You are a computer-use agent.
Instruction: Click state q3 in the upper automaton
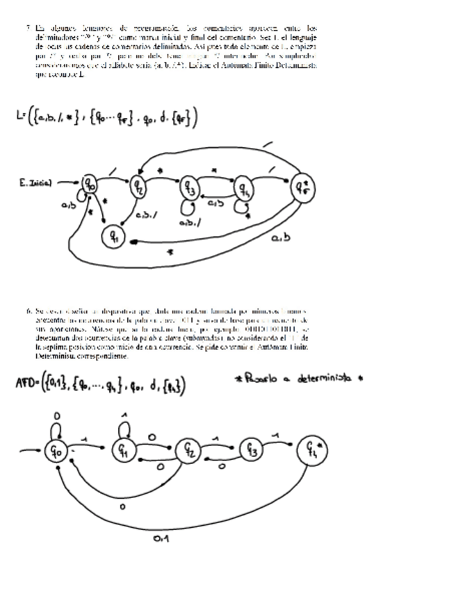pyautogui.click(x=189, y=188)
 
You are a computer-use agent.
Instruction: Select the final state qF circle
pyautogui.click(x=302, y=187)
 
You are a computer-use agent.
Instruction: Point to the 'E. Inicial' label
pyautogui.click(x=35, y=183)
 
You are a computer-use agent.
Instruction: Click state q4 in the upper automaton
pyautogui.click(x=243, y=188)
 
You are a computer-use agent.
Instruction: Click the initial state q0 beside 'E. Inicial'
pyautogui.click(x=90, y=185)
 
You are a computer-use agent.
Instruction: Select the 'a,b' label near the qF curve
pyautogui.click(x=282, y=238)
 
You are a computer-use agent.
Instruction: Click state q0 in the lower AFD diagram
pyautogui.click(x=55, y=451)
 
